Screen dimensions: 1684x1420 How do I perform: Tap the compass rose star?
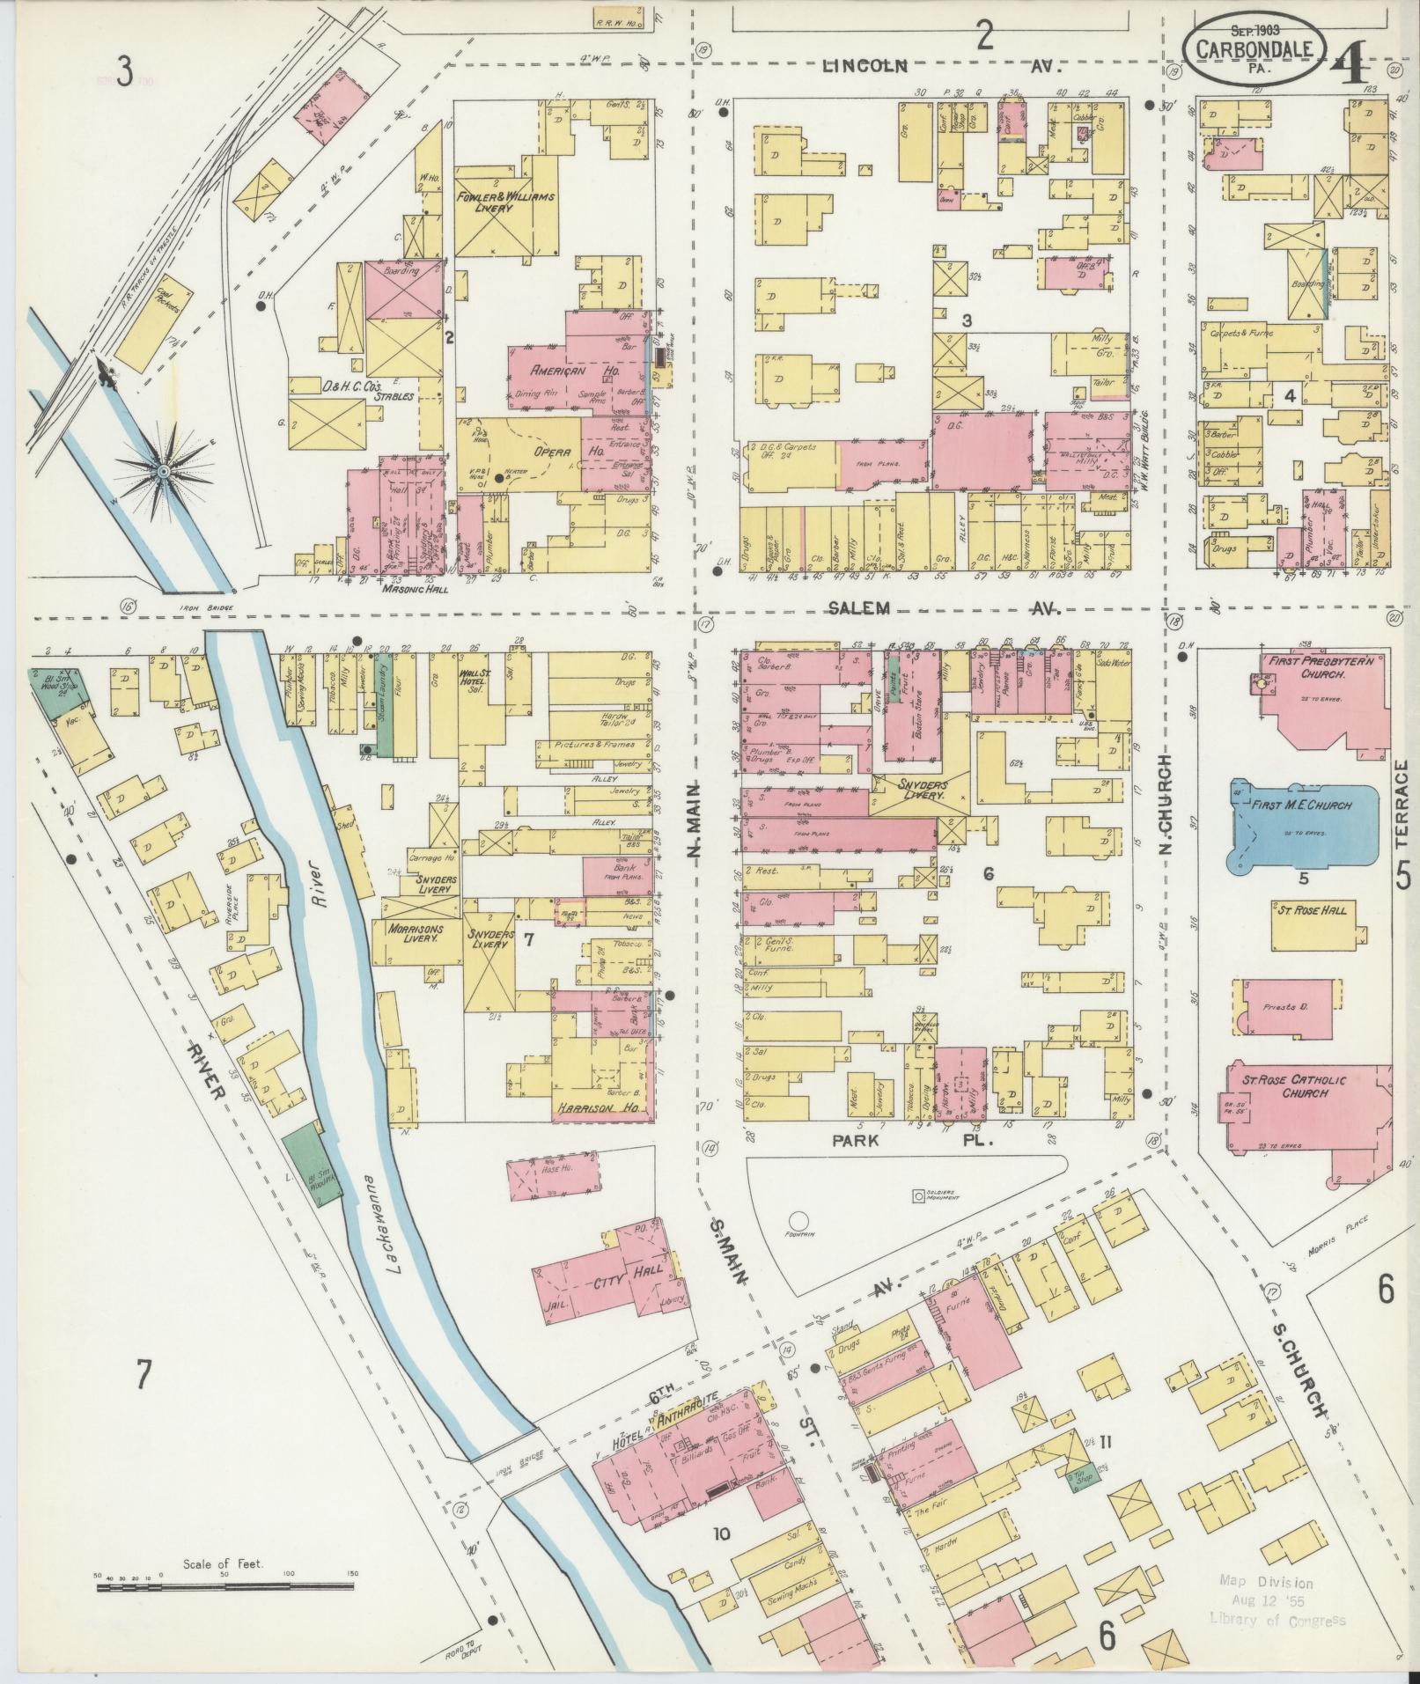(163, 472)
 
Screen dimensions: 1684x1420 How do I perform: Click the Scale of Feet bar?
(224, 1587)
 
